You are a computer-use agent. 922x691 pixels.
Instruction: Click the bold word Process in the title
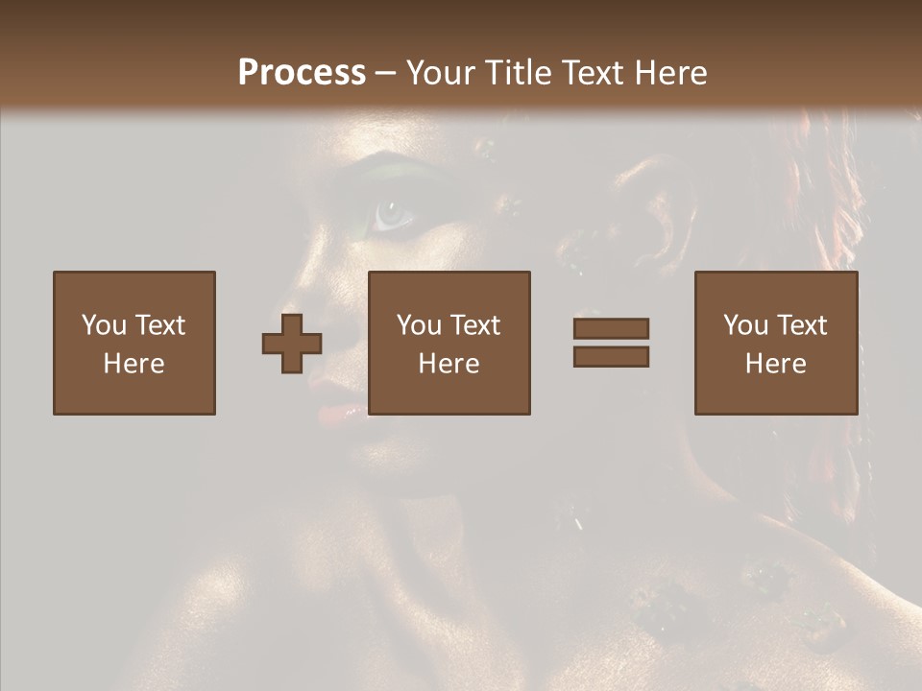pyautogui.click(x=302, y=73)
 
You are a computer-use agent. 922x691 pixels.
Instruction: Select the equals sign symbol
pyautogui.click(x=611, y=343)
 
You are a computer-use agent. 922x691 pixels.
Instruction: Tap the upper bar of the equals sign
pyautogui.click(x=611, y=329)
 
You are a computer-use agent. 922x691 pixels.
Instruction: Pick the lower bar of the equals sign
pyautogui.click(x=611, y=356)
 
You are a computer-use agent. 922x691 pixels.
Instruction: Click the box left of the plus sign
pyautogui.click(x=134, y=343)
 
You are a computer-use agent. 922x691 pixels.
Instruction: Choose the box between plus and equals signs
pyautogui.click(x=449, y=343)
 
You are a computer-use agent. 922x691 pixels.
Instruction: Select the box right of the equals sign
pyautogui.click(x=775, y=343)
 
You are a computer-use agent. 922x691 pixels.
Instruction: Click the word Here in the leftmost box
pyautogui.click(x=134, y=364)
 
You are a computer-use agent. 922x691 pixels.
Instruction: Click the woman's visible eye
pyautogui.click(x=393, y=214)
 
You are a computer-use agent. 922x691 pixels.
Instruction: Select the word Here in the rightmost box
pyautogui.click(x=775, y=364)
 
